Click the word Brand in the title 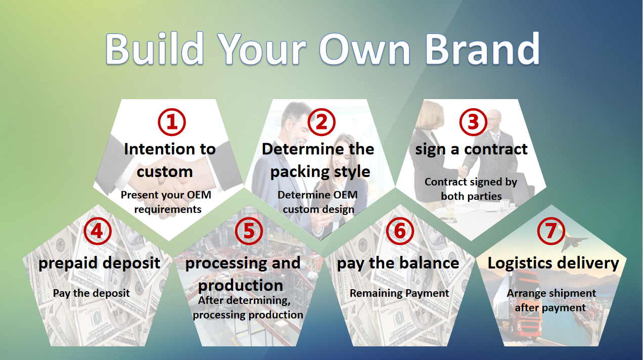[x=483, y=49]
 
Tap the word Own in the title [x=365, y=49]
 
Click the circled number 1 [x=172, y=122]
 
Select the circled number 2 [x=321, y=122]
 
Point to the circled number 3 [x=473, y=122]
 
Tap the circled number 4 [x=98, y=231]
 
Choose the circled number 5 [x=249, y=231]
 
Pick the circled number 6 [x=400, y=231]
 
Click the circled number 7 [x=551, y=231]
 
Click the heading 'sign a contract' [x=471, y=150]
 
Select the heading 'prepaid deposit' [x=99, y=263]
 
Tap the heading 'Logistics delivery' [x=553, y=263]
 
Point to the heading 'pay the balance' [x=398, y=263]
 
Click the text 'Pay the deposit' [x=91, y=293]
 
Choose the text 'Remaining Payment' [x=399, y=293]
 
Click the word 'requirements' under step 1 [x=168, y=209]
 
